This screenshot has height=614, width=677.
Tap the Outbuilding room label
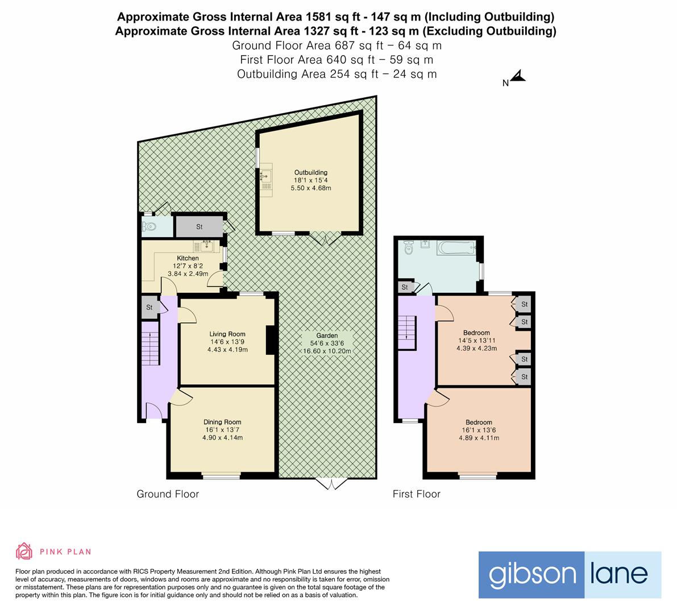[310, 172]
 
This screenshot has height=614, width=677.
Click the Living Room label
[227, 334]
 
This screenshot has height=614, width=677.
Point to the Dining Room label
[222, 422]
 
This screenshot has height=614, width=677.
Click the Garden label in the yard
[327, 336]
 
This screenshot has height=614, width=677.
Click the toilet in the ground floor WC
[149, 227]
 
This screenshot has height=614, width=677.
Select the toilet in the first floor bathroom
[407, 247]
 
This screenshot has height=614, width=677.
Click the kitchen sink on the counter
[205, 247]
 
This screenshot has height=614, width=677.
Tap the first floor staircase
[407, 329]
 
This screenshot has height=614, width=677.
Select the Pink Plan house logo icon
[24, 551]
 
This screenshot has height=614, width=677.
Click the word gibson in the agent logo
[531, 575]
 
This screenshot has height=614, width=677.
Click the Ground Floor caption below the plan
[168, 494]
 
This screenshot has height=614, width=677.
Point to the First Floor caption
[417, 494]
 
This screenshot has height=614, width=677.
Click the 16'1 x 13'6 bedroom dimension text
[479, 430]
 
